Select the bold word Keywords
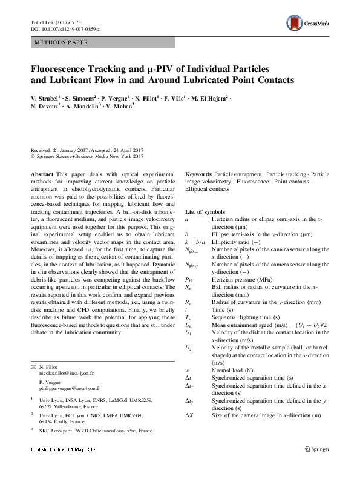[x=198, y=174]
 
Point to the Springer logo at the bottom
[x=319, y=465]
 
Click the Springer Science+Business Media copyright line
[x=87, y=154]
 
